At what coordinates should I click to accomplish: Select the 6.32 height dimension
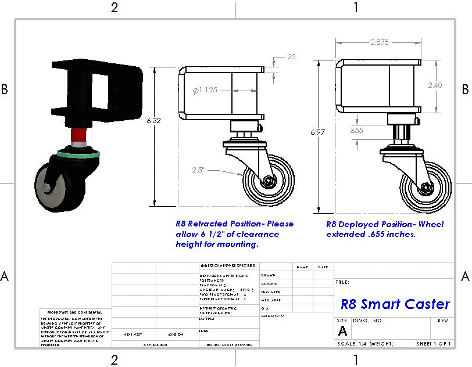click(153, 120)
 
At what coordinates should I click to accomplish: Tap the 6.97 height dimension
click(317, 132)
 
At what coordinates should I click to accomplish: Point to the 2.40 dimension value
click(435, 85)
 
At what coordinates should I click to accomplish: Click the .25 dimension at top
click(291, 57)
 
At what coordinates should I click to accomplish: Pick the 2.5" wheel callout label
click(201, 170)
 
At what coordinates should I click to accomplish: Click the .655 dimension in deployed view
click(356, 131)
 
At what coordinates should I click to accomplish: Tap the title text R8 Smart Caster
click(395, 304)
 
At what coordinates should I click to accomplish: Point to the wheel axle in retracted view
click(268, 181)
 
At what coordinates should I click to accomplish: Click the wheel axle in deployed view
click(425, 188)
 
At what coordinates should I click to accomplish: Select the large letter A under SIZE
click(342, 330)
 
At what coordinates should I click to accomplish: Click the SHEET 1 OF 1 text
click(433, 344)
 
